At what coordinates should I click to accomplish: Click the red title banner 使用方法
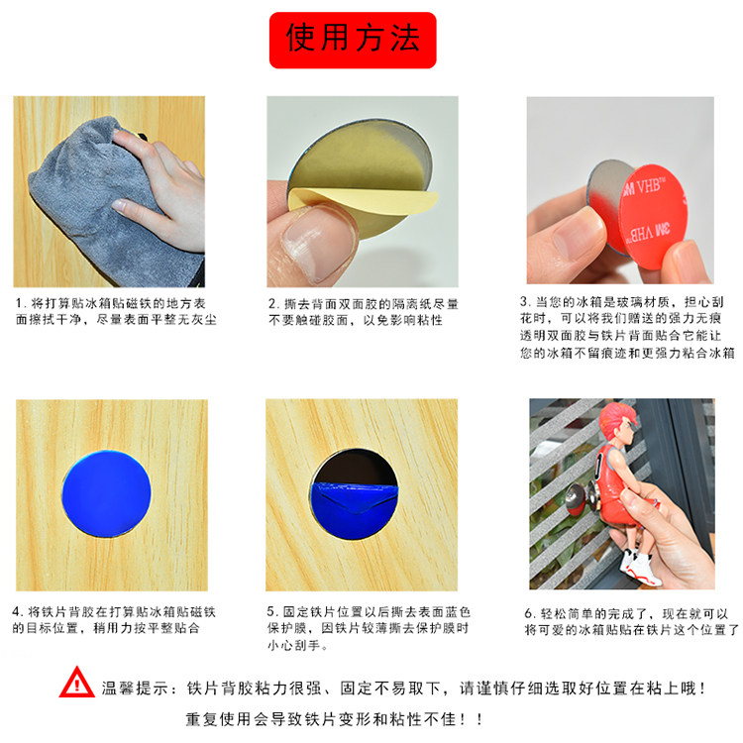point(353,41)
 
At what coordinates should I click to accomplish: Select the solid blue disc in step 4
point(107,493)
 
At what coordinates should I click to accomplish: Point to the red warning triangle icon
point(76,683)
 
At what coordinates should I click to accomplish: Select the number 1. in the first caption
point(20,303)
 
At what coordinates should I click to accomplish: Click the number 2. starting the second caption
point(273,304)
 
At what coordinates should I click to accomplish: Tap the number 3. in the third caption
point(524,301)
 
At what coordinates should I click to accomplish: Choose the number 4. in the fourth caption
point(18,612)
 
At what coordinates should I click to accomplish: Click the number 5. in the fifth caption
point(272,612)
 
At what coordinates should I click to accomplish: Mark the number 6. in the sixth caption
point(530,613)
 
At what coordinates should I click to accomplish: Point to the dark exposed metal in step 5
point(357,467)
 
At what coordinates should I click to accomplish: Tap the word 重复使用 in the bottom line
point(219,719)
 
